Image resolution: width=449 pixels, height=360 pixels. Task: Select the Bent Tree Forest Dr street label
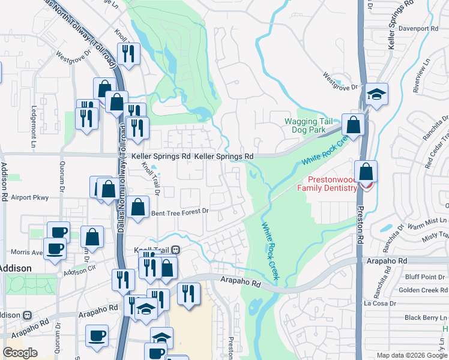[x=179, y=211]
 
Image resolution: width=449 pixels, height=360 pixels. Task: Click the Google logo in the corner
[x=20, y=353]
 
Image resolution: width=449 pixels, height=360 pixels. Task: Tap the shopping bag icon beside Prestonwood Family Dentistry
[x=366, y=173]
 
